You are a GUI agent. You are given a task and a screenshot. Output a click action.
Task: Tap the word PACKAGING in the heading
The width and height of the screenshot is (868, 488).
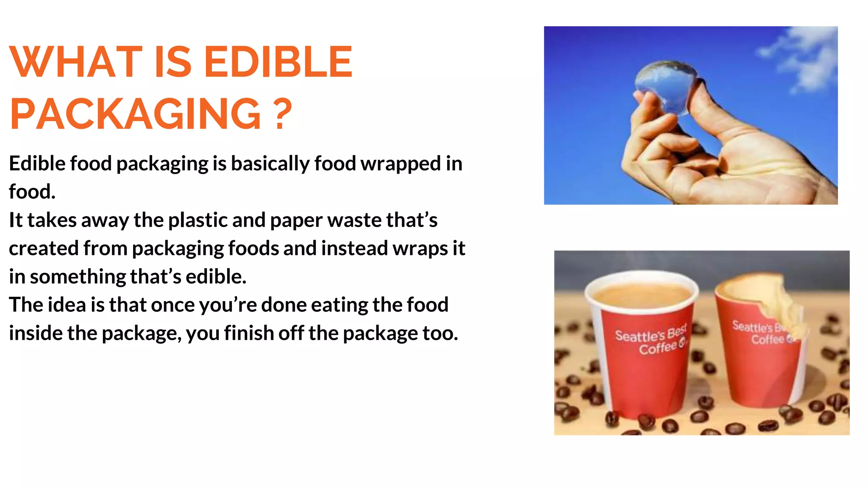[x=135, y=114]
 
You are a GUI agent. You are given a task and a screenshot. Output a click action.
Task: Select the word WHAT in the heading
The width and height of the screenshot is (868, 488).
[x=75, y=62]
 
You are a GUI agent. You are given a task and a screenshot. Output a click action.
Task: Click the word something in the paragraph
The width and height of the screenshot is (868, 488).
[x=78, y=277]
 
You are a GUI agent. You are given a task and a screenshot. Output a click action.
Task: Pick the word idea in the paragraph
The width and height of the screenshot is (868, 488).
[x=67, y=305]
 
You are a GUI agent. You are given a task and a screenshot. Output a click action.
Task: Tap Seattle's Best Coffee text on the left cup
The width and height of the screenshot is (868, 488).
[x=651, y=341]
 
